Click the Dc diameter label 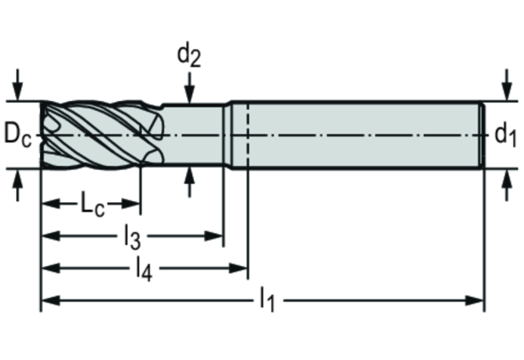click(x=17, y=135)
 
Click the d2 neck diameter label click(x=188, y=55)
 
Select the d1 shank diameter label click(x=505, y=135)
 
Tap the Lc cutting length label click(x=92, y=204)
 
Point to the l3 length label click(x=132, y=237)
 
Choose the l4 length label click(x=144, y=269)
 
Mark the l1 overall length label click(x=267, y=301)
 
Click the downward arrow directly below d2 click(x=189, y=88)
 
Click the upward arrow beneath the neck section click(x=189, y=182)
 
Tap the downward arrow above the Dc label click(x=17, y=85)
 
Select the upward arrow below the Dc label click(x=17, y=185)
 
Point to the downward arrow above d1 click(x=508, y=85)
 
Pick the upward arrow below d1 click(x=508, y=185)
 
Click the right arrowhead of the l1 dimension click(x=475, y=301)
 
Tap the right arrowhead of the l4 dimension click(x=238, y=268)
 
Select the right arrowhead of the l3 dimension click(x=214, y=236)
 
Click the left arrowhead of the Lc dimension click(x=51, y=203)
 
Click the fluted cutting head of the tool click(x=102, y=135)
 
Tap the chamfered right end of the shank click(x=483, y=135)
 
